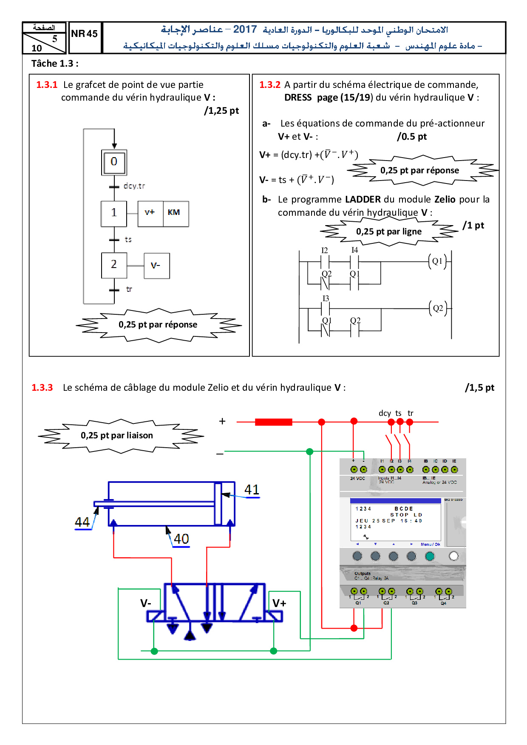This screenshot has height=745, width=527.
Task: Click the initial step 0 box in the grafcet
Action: tap(114, 162)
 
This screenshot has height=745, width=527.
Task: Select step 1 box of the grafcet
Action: tap(114, 213)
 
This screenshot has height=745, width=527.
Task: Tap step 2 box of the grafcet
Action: tap(114, 265)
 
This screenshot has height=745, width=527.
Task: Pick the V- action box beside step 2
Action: tap(156, 266)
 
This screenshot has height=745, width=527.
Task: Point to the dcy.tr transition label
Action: tap(134, 186)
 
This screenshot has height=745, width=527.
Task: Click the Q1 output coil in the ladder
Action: tap(437, 261)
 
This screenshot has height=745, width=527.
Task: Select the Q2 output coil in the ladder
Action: tap(438, 308)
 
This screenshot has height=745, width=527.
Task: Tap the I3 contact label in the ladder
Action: tap(326, 299)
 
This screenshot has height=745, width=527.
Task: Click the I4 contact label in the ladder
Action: tap(354, 250)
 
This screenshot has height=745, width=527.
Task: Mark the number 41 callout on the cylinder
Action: tap(252, 490)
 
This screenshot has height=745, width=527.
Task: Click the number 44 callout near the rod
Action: tap(82, 522)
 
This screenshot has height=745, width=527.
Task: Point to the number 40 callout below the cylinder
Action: tap(181, 539)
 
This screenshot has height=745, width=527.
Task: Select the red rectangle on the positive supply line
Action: tap(273, 422)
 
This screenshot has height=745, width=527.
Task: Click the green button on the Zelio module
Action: tap(430, 556)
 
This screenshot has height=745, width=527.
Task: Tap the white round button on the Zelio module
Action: tap(453, 556)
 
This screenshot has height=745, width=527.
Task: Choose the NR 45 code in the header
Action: tap(84, 34)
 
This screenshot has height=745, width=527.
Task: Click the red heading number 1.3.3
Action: tap(42, 388)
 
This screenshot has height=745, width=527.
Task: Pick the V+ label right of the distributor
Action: tap(279, 604)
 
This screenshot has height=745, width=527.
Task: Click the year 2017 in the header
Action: tap(245, 29)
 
